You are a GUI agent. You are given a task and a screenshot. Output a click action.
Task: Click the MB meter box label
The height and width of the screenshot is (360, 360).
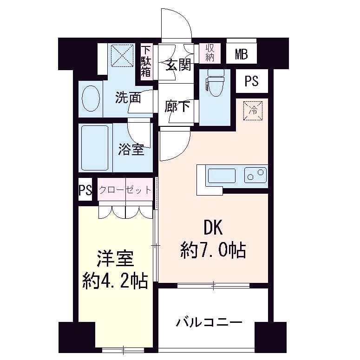coord(241,54)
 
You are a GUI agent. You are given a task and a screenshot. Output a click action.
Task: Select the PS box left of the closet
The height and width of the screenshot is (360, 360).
coord(85,190)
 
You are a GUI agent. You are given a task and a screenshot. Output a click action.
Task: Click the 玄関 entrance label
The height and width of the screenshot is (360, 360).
coord(178,65)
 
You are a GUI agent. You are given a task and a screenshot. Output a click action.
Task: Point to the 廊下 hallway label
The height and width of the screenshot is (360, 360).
coord(177,106)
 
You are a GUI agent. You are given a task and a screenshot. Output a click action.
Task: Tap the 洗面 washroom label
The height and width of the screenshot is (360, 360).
coord(128,98)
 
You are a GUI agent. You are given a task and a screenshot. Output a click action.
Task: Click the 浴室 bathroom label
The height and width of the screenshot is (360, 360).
coord(131,149)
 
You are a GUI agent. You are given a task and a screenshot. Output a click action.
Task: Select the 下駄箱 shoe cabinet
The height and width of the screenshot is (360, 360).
coord(146,61)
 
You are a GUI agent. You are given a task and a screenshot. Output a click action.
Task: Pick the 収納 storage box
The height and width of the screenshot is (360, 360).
coord(207,53)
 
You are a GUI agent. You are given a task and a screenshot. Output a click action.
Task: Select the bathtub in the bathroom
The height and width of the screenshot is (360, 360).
coord(95,147)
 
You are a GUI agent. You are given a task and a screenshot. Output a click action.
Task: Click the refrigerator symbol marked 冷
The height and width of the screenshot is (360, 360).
coord(254,110)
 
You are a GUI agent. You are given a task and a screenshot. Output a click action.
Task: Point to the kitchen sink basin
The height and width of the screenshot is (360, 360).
coord(222,176)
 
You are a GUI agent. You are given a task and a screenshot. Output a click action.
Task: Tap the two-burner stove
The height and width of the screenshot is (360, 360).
coord(255,175)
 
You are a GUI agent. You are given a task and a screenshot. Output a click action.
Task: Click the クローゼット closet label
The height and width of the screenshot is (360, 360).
coord(125,190)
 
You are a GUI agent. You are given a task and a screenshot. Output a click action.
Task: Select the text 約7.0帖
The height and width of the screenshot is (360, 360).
coord(213,251)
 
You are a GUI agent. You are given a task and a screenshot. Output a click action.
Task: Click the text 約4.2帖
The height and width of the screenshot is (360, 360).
coord(115,281)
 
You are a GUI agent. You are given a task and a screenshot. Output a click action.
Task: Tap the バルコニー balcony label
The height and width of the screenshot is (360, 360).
coord(209,322)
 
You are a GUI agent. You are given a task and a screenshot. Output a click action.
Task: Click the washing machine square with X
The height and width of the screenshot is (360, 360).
coord(122,57)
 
